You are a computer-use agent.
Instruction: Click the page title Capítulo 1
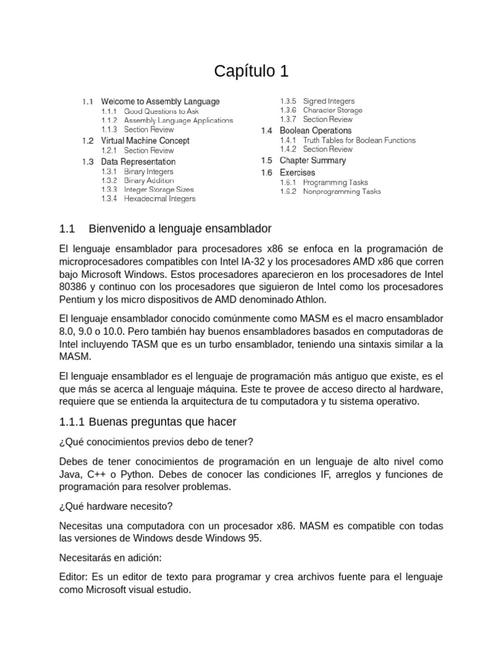[x=251, y=71]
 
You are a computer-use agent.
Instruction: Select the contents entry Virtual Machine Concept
[x=145, y=141]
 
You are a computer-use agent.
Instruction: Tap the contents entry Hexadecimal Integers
[x=159, y=199]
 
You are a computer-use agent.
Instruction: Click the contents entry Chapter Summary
[x=312, y=161]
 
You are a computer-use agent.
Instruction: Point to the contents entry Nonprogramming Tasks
[x=341, y=192]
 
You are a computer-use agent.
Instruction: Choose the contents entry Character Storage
[x=332, y=111]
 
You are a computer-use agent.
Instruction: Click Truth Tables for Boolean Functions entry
[x=359, y=140]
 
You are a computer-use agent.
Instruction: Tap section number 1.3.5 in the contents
[x=288, y=102]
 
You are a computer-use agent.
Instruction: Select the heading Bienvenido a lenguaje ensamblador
[x=179, y=229]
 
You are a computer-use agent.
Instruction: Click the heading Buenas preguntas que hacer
[x=162, y=421]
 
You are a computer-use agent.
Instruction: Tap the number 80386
[x=73, y=287]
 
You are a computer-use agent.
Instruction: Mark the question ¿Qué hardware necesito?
[x=116, y=507]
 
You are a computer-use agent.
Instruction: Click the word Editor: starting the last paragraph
[x=73, y=577]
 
